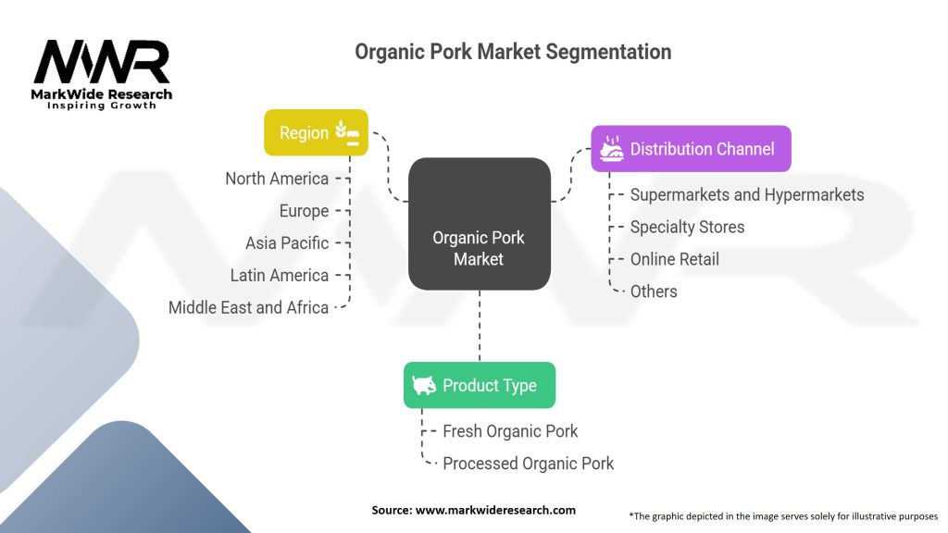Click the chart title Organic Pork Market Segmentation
pos(513,52)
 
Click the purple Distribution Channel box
pos(691,148)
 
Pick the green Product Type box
pos(479,385)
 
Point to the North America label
pos(277,179)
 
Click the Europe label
pos(304,211)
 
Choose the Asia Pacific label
pos(287,243)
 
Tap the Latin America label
pos(280,275)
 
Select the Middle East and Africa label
pos(248,307)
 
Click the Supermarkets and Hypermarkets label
pos(746,194)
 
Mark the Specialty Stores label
pos(687,227)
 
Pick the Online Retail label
pos(674,259)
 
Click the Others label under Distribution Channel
pos(654,291)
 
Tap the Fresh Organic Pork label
pos(510,431)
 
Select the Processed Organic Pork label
pos(528,463)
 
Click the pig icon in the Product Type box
pos(425,385)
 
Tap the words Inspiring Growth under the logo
pos(102,105)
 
